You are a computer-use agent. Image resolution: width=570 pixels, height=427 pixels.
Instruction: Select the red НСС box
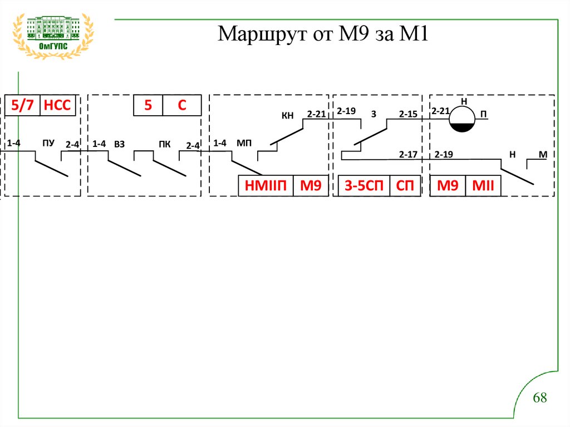[x=57, y=105]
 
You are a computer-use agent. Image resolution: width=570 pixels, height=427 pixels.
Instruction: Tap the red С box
[x=181, y=105]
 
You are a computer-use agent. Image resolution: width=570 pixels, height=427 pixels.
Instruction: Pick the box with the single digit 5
[x=148, y=105]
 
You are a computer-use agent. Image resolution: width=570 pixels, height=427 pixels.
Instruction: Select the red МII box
[x=483, y=186]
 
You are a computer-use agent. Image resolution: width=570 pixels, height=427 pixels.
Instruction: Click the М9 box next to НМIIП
[x=311, y=186]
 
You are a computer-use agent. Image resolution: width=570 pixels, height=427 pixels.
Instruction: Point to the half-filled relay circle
[x=461, y=120]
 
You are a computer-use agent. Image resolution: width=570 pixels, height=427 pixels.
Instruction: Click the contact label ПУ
[x=48, y=144]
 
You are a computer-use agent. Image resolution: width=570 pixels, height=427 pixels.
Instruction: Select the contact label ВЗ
[x=119, y=144]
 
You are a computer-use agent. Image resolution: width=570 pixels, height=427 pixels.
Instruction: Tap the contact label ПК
[x=164, y=144]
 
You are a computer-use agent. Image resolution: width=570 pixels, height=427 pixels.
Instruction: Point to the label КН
[x=287, y=116]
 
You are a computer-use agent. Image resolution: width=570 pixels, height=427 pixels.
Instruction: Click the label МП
[x=244, y=144]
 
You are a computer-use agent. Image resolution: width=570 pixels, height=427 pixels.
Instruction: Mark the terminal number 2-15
[x=408, y=114]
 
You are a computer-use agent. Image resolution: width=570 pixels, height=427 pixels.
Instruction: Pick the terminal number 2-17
[x=408, y=154]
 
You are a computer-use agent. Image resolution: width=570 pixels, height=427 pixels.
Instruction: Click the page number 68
[x=540, y=398]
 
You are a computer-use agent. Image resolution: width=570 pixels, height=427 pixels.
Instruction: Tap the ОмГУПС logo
[x=53, y=35]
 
